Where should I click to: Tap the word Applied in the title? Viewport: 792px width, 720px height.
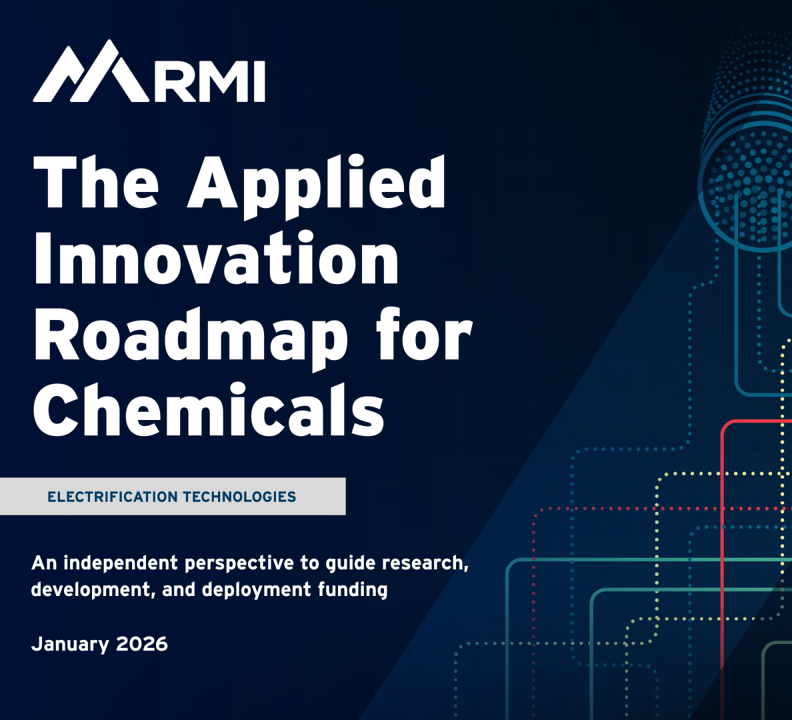317,187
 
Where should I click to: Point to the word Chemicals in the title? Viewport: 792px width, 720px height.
209,409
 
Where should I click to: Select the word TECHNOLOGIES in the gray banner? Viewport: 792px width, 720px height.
239,497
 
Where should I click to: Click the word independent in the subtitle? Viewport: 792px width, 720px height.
121,563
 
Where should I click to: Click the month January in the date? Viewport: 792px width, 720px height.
70,645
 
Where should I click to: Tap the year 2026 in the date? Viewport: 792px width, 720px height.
141,644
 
